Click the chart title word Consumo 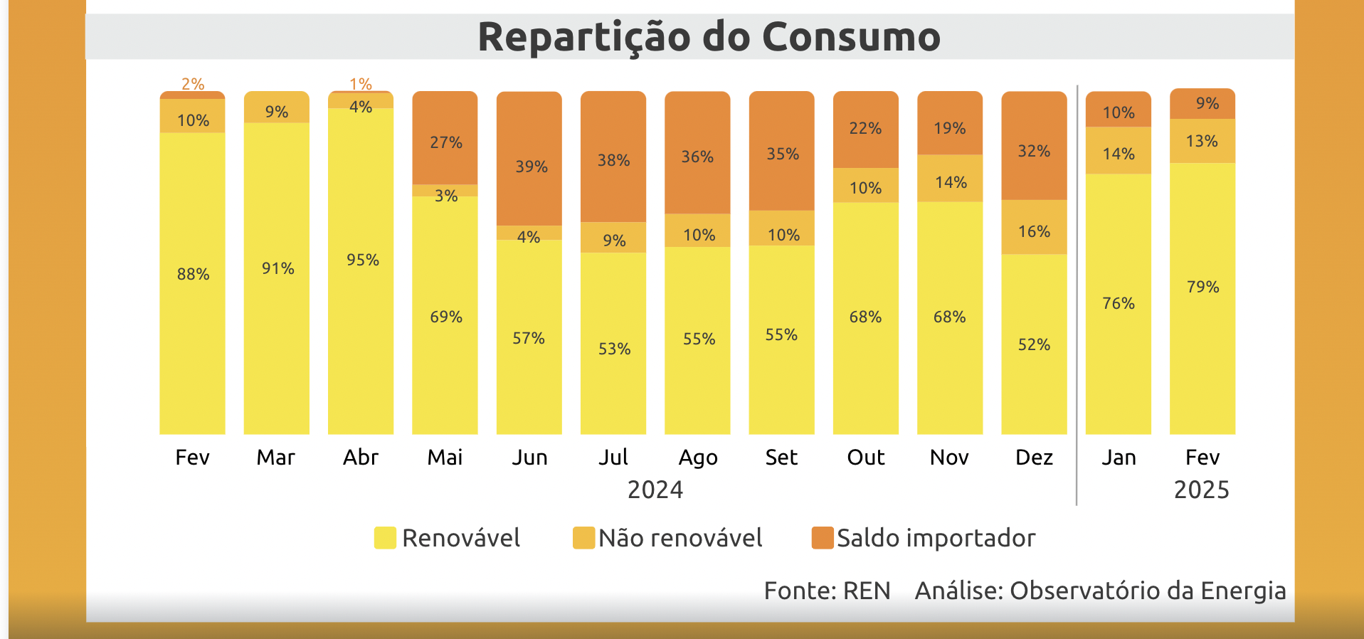[x=851, y=37]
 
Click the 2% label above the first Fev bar [x=193, y=84]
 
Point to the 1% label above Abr [x=361, y=84]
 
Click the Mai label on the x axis [x=445, y=457]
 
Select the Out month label [x=865, y=457]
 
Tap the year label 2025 [x=1201, y=490]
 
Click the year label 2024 [x=655, y=490]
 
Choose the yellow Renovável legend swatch [x=385, y=538]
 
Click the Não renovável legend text [x=680, y=538]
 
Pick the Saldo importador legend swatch [x=823, y=538]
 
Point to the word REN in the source [x=867, y=591]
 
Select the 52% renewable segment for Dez [x=1034, y=344]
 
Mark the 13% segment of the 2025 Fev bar [x=1202, y=141]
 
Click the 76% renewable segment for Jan [x=1118, y=304]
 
